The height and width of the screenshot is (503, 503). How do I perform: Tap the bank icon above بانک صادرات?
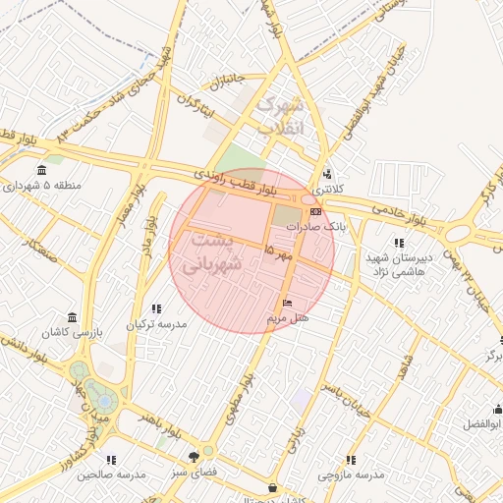pos(315,211)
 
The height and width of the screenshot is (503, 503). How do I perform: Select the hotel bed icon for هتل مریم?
pos(287,303)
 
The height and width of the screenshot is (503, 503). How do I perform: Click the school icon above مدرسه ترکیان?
pos(156,308)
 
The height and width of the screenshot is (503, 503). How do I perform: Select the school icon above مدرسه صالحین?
pos(110,460)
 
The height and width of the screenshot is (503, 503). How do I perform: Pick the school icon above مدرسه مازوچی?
pos(351,460)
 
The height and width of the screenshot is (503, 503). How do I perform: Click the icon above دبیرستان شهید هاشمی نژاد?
pos(398,242)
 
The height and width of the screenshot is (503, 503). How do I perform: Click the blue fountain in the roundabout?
pos(102,401)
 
